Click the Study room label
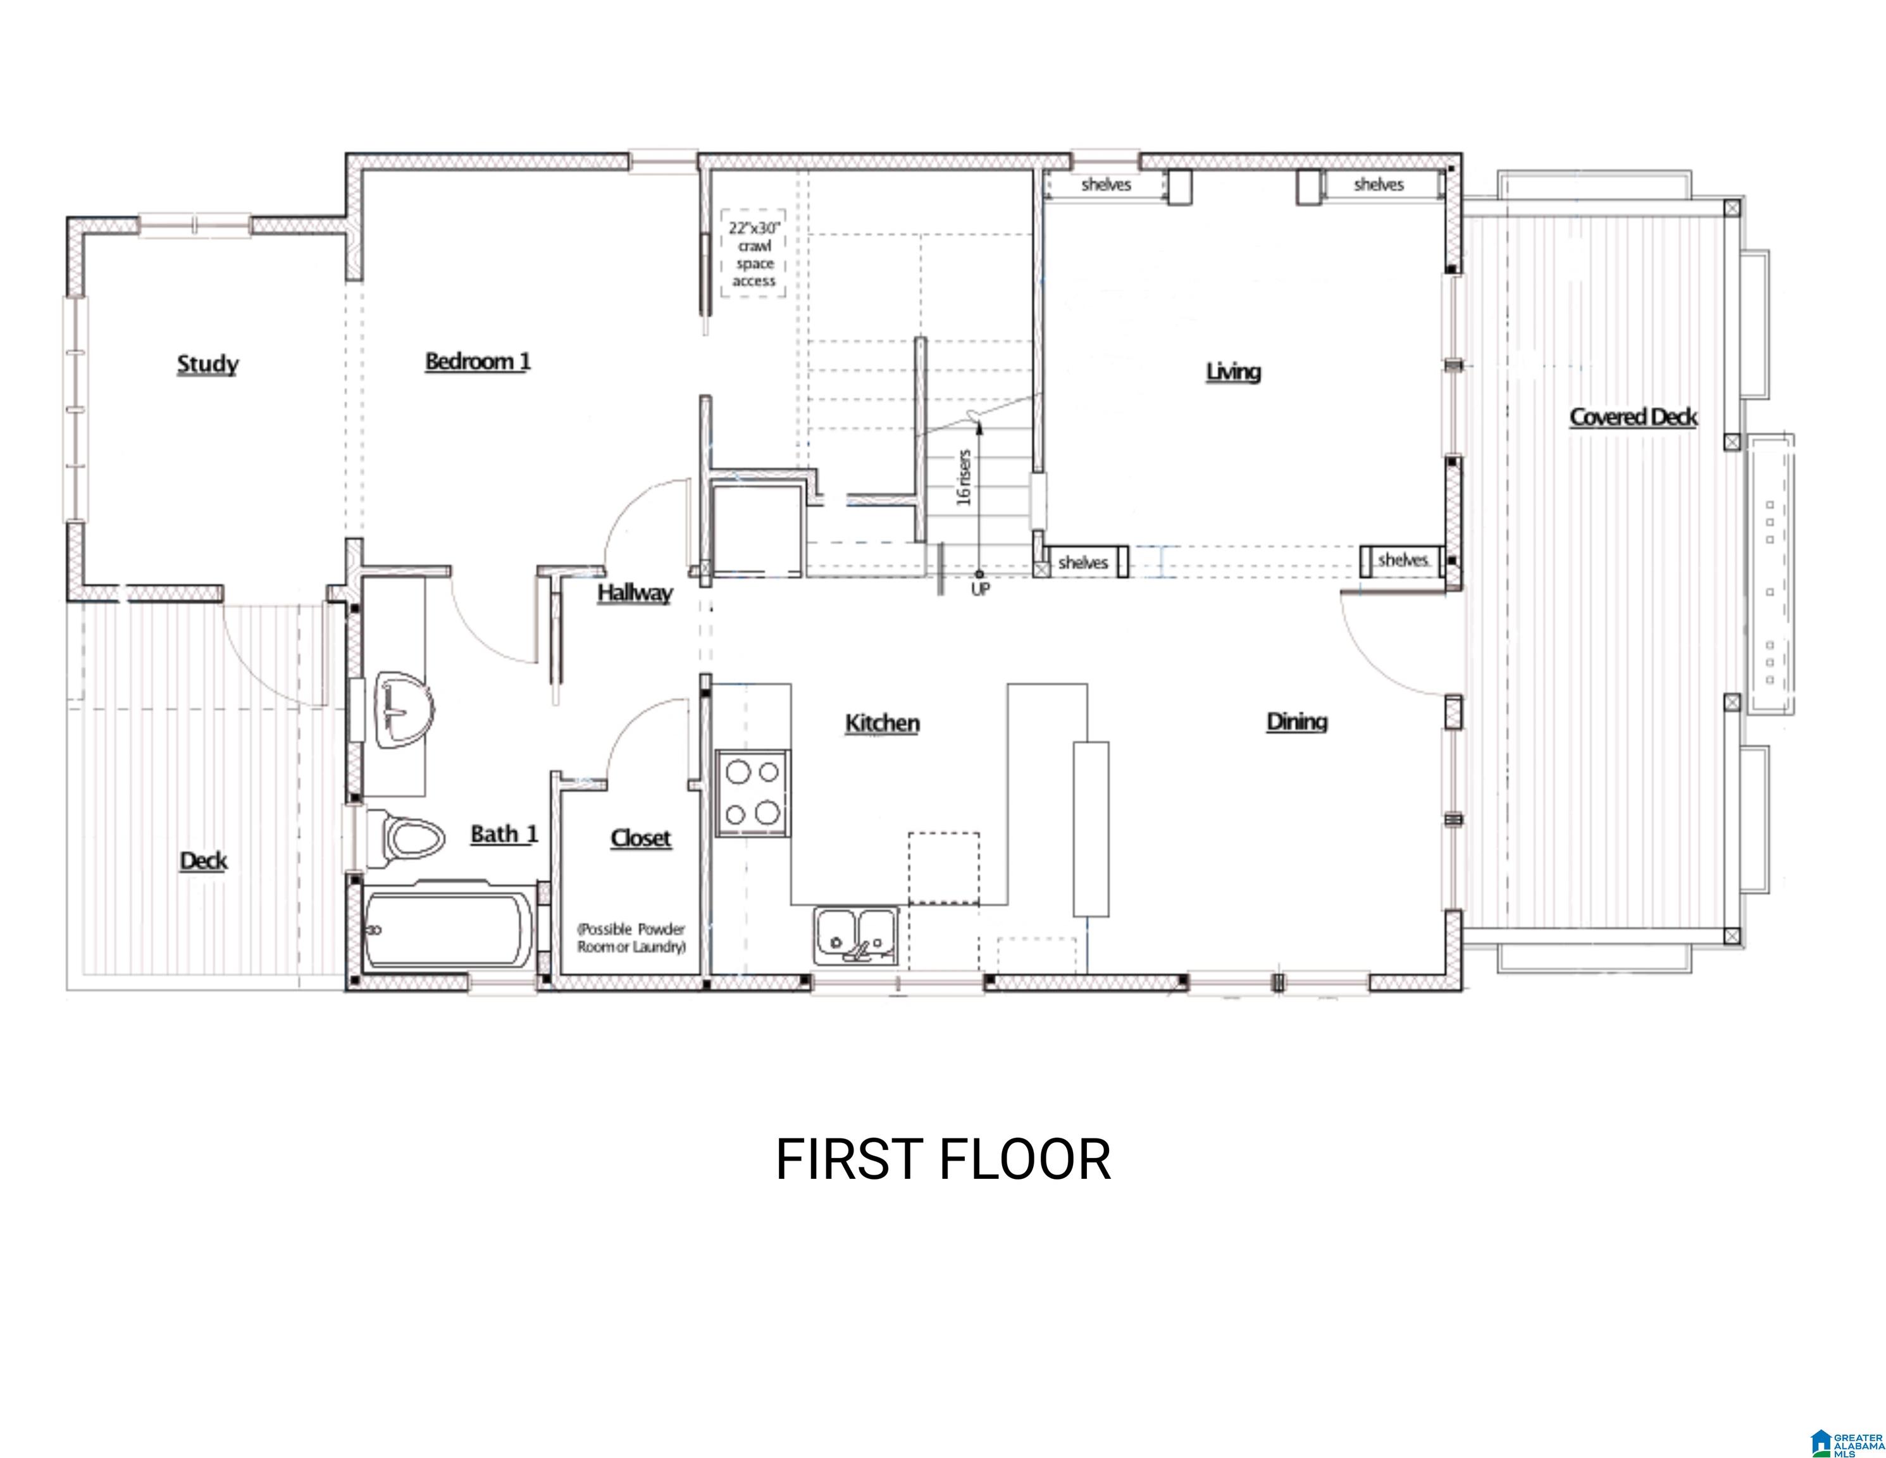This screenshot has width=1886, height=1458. (x=208, y=364)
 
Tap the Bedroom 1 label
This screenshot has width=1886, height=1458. (x=478, y=361)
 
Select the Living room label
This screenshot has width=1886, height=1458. (x=1233, y=371)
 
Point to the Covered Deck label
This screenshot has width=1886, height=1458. (x=1633, y=417)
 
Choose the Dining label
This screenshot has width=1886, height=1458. (x=1296, y=722)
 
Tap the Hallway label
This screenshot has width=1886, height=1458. (x=635, y=594)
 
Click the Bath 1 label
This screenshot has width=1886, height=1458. (x=504, y=835)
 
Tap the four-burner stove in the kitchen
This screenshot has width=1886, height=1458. (x=752, y=793)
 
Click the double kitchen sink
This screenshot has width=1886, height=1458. (x=855, y=935)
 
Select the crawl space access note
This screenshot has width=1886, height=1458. (x=754, y=254)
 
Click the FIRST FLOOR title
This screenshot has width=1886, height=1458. (x=943, y=1159)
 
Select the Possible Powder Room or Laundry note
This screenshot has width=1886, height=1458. (x=631, y=938)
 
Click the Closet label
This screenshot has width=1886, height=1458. (x=641, y=838)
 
